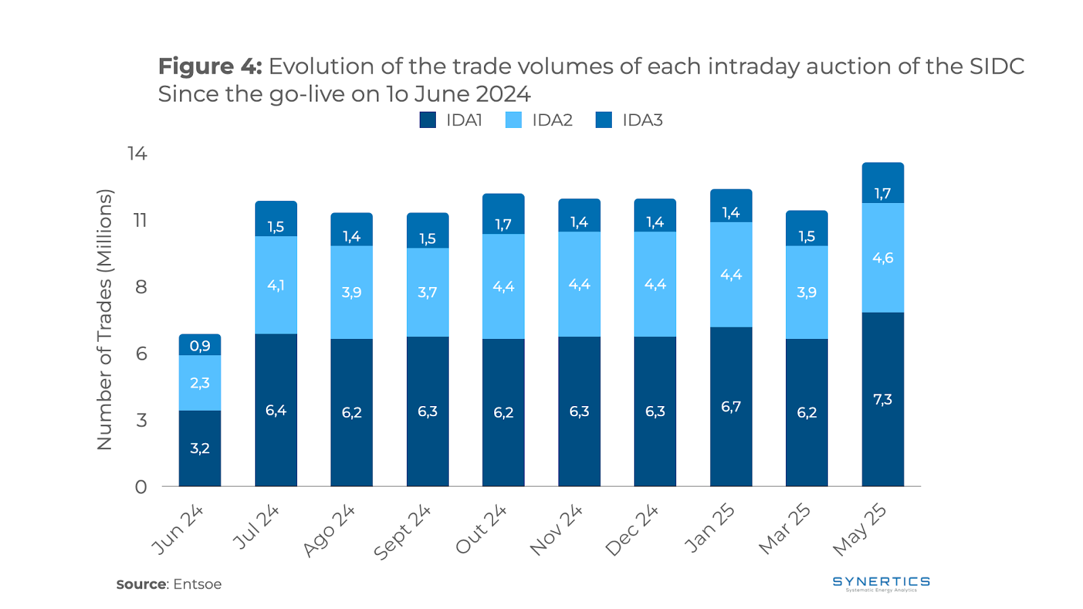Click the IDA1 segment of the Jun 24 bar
[200, 448]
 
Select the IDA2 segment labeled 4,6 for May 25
[883, 258]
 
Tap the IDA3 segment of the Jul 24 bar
[275, 219]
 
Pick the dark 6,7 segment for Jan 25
[731, 406]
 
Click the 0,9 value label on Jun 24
[200, 346]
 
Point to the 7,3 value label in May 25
[883, 399]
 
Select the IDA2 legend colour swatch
[514, 120]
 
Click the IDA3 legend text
[642, 120]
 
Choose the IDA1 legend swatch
[428, 120]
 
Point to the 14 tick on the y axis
[137, 154]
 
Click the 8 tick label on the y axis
[141, 287]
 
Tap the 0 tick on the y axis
[141, 487]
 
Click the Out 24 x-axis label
[481, 529]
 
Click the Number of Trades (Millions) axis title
[104, 319]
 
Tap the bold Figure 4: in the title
[210, 66]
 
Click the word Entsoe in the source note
[197, 584]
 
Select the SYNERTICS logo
[881, 583]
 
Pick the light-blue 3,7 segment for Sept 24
[427, 292]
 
